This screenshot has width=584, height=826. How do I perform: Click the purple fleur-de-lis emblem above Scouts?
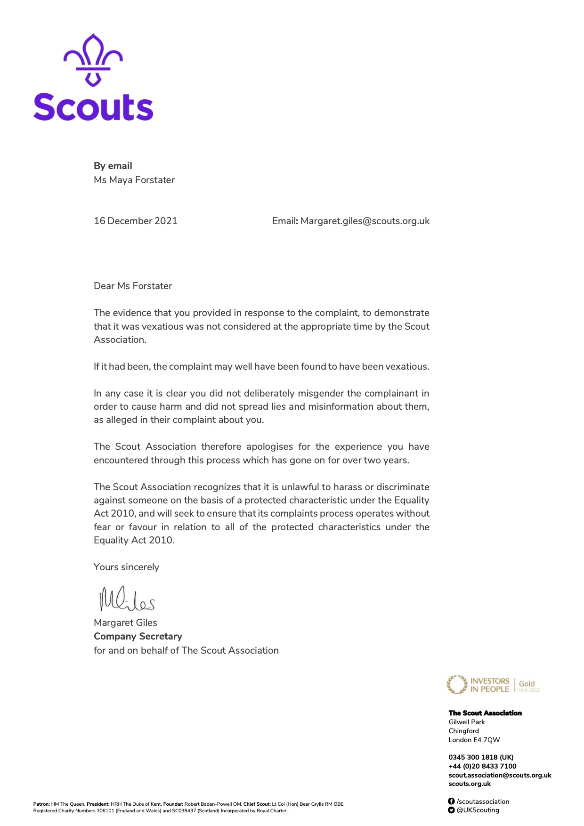tap(93, 60)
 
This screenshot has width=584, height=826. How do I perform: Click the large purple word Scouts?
tap(93, 107)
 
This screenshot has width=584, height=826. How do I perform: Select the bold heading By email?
tap(113, 166)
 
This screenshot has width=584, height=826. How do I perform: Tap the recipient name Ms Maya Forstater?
tap(134, 180)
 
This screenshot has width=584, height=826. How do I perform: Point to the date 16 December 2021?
tap(136, 221)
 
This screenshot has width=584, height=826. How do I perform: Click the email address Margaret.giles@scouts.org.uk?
tap(365, 221)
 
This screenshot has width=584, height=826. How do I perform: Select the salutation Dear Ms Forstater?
tap(133, 286)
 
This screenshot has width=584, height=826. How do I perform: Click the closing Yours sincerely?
tap(126, 567)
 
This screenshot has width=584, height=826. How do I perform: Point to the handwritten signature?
tap(126, 599)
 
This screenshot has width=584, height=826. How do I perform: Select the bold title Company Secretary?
tap(138, 636)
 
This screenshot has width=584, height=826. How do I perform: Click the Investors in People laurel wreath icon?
tap(456, 685)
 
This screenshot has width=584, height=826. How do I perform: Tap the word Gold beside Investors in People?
tap(527, 683)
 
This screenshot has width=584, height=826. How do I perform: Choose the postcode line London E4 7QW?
tap(474, 740)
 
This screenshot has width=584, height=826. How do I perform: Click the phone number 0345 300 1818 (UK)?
tap(481, 757)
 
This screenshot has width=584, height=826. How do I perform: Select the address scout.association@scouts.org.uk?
tap(500, 775)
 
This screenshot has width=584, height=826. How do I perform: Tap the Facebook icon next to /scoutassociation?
tap(451, 802)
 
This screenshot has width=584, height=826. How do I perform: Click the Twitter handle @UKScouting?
tap(478, 810)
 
